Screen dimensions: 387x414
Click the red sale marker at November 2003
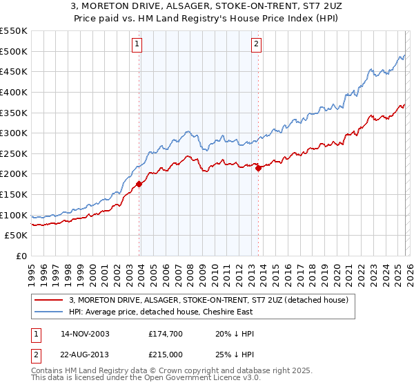click(139, 184)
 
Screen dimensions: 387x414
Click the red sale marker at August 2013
click(258, 167)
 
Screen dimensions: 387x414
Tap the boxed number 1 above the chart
click(137, 45)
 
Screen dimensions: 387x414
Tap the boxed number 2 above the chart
click(256, 45)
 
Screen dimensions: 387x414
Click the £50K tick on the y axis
click(17, 236)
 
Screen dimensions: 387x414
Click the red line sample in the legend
click(48, 300)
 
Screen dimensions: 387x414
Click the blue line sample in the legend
click(48, 312)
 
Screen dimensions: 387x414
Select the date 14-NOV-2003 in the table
click(84, 334)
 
